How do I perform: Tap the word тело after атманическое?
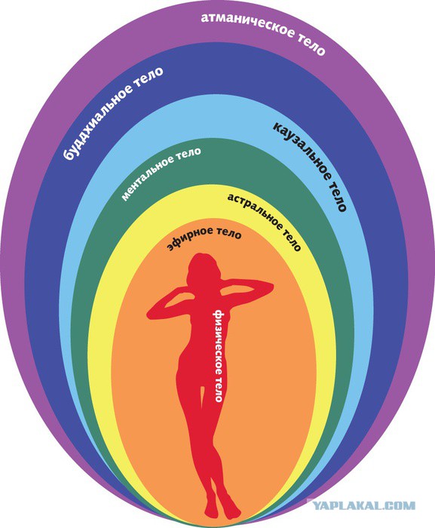point(311,44)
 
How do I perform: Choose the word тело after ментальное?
point(188,154)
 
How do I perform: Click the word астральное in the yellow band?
point(255,210)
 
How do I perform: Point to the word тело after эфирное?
point(229,233)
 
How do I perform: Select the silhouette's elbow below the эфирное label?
point(268,287)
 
